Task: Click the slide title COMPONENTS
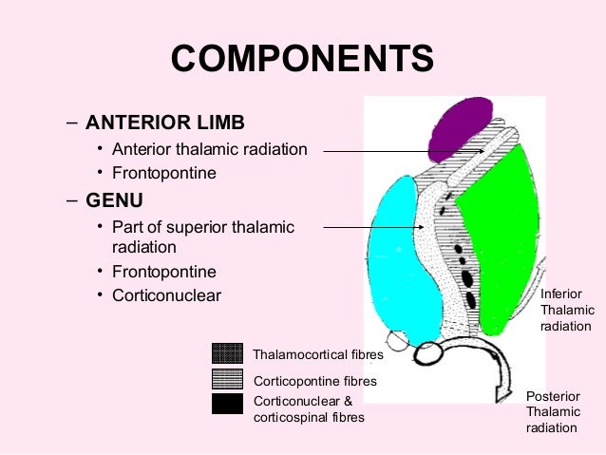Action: (x=302, y=60)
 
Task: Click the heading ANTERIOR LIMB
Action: (x=164, y=123)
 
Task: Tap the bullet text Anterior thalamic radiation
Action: (x=210, y=149)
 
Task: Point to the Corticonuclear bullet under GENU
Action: (x=166, y=295)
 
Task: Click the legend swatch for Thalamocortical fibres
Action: (x=228, y=353)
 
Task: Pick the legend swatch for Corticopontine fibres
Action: (x=228, y=379)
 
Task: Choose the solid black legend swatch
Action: (x=228, y=404)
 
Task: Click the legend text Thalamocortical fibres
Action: (x=318, y=355)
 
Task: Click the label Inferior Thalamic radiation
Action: (x=567, y=311)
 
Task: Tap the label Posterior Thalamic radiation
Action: (x=552, y=410)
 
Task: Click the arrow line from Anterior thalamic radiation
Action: (x=399, y=149)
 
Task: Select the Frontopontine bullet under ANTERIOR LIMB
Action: (x=164, y=174)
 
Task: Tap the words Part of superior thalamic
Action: (x=203, y=227)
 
